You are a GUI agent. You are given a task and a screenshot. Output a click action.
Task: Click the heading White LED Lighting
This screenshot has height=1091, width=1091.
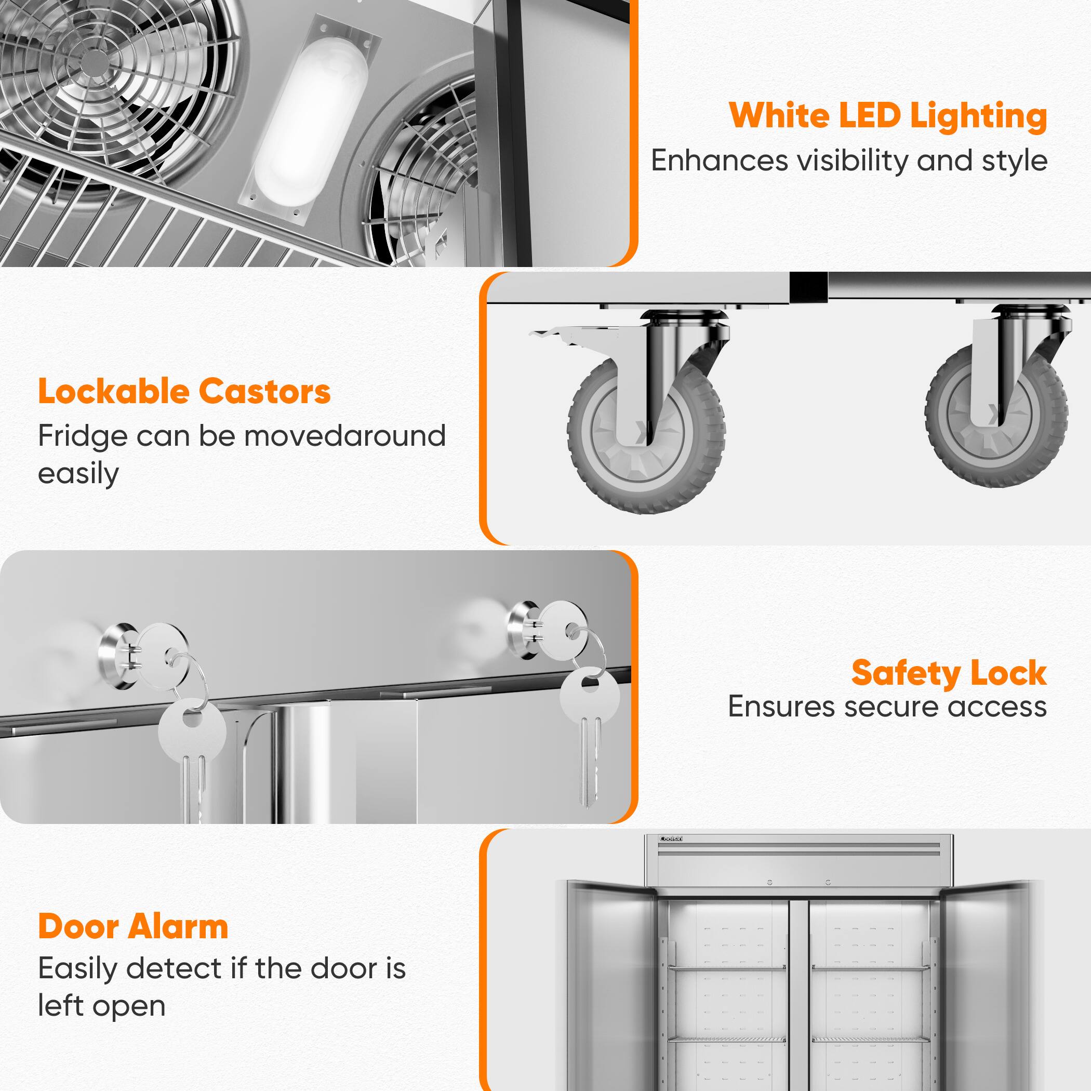[x=888, y=116]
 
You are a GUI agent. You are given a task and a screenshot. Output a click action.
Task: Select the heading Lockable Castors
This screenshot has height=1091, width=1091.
[x=184, y=391]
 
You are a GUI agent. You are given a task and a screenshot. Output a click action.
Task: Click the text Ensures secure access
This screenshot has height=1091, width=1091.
[x=887, y=707]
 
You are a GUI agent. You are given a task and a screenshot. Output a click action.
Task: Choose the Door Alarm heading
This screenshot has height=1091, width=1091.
[x=134, y=927]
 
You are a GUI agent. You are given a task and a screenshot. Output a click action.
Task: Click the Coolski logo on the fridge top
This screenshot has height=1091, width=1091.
[x=671, y=839]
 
